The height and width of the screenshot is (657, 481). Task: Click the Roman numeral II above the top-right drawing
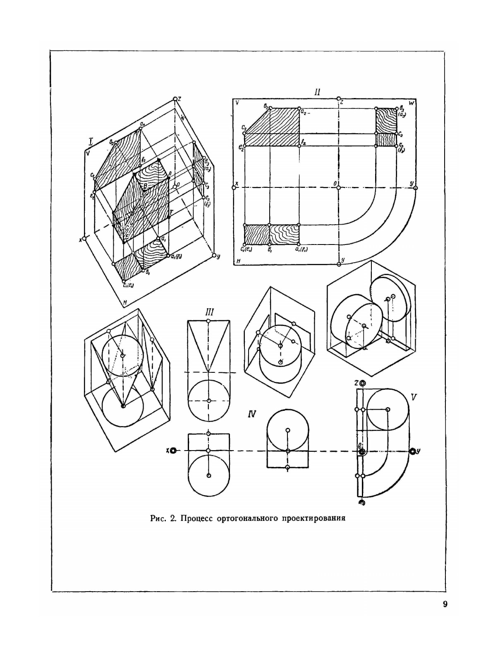coord(317,92)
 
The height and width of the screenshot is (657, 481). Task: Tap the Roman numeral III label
coord(209,312)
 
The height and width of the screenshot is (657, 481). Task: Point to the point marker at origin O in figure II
coord(339,187)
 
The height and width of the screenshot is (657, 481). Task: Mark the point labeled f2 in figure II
coord(299,146)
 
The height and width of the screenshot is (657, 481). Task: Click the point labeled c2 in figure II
coord(244,134)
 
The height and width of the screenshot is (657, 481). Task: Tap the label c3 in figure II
coord(401,134)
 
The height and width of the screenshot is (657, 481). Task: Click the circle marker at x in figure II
coord(235,187)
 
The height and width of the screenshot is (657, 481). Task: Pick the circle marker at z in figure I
coord(175,99)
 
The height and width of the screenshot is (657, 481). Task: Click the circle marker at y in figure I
coord(214,256)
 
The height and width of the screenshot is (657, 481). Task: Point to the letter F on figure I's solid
coord(171,212)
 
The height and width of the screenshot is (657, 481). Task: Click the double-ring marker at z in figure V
coord(363,383)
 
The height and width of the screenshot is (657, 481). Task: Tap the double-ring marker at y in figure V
coord(412,451)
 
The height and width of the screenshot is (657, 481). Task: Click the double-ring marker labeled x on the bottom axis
coord(173,451)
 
